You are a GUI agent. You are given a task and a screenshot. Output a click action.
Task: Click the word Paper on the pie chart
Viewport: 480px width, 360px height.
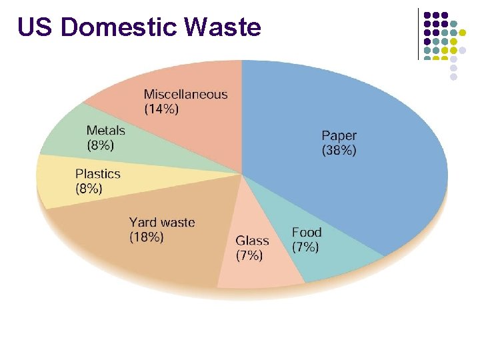[x=339, y=136]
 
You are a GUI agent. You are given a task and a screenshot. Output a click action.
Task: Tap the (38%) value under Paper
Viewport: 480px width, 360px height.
[x=339, y=151]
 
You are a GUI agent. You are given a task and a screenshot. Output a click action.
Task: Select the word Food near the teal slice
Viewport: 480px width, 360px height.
[x=307, y=232]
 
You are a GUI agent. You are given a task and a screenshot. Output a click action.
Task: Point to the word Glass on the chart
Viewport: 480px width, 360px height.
[x=252, y=241]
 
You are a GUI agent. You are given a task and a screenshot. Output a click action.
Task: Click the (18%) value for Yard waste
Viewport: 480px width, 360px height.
[x=146, y=237]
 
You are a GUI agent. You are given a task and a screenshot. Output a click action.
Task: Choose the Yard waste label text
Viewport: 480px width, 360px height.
[x=162, y=222]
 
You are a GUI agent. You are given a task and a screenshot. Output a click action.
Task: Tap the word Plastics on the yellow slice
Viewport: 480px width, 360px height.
[x=98, y=173]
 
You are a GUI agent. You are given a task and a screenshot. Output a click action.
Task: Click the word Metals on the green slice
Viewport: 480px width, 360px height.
[x=105, y=129]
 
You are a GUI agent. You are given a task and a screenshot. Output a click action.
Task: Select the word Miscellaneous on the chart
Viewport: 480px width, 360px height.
[x=185, y=95]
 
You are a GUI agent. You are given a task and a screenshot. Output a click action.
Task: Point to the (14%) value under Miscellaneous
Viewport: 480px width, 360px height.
[x=161, y=110]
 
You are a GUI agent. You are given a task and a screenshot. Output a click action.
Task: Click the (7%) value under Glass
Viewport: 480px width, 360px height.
[x=250, y=255]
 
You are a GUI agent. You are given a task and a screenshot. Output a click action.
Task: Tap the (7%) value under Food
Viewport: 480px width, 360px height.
[x=305, y=247]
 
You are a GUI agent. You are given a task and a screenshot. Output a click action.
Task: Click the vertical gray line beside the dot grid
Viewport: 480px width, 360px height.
[x=418, y=33]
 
